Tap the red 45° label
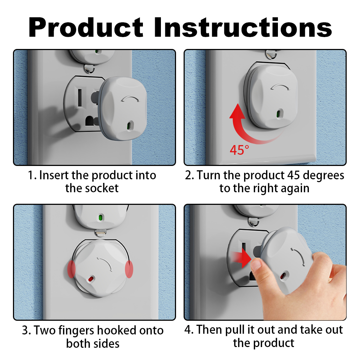[x=239, y=150]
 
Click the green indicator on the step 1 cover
[x=129, y=126]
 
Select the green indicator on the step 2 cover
[x=279, y=114]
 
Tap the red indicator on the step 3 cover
[x=90, y=279]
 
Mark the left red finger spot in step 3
[x=71, y=269]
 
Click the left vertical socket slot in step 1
[x=80, y=98]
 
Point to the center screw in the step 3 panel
[x=100, y=233]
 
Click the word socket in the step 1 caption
[x=102, y=188]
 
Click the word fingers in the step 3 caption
[x=76, y=331]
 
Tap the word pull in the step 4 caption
[x=235, y=330]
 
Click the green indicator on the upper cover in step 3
[x=100, y=217]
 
